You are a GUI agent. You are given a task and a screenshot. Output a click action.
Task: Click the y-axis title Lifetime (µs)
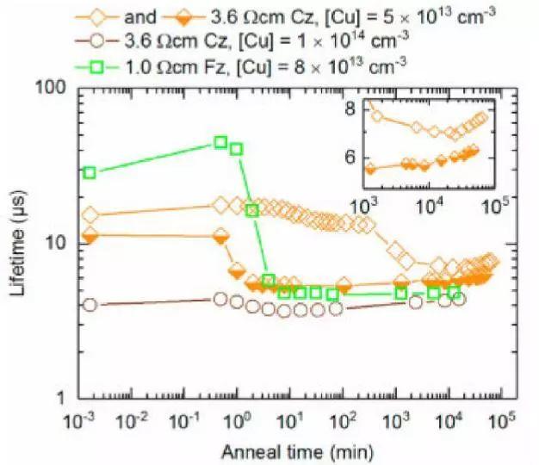17,245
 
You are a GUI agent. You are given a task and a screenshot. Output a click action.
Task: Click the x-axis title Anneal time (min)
291,451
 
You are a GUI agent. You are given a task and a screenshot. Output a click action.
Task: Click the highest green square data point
221,142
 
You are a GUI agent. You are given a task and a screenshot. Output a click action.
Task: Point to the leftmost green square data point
90,172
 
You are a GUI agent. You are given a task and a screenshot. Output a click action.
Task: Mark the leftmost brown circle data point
90,304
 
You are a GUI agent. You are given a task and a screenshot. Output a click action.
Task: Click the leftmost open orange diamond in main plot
90,214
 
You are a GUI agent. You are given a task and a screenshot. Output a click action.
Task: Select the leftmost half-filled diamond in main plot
90,234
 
